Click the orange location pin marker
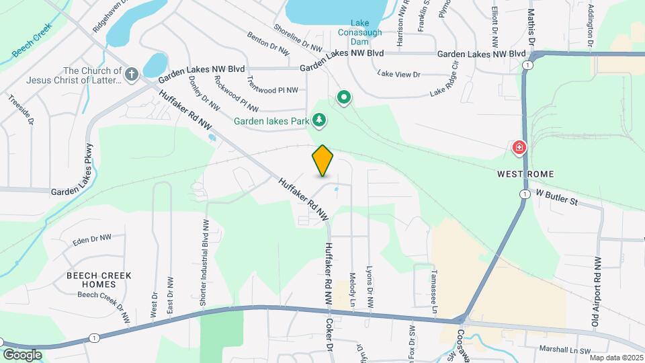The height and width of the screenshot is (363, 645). [x=323, y=161]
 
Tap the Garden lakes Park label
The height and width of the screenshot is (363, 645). [x=271, y=122]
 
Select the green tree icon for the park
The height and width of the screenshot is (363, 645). [x=320, y=121]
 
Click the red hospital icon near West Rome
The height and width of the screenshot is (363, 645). [x=519, y=147]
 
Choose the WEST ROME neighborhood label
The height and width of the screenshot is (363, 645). [x=525, y=174]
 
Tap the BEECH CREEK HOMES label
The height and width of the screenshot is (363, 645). [x=99, y=280]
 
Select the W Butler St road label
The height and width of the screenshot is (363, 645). [x=556, y=197]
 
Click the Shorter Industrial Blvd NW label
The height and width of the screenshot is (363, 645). [x=203, y=263]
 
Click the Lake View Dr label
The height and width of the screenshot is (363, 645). [x=398, y=74]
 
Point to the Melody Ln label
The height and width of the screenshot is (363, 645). [x=352, y=290]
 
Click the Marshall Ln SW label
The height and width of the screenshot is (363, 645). [x=565, y=350]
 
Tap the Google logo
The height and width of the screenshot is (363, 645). [x=22, y=354]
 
